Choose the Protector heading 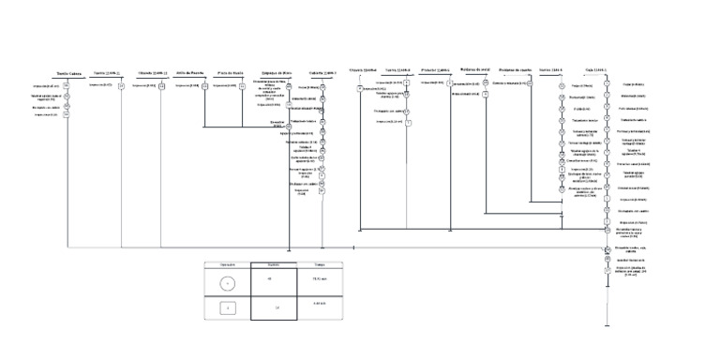coord(436,70)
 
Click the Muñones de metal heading coord(477,70)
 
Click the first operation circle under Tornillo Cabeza coord(67,85)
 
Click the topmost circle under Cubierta coord(322,85)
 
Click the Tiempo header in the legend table coord(318,265)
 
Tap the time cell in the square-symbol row coord(318,306)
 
